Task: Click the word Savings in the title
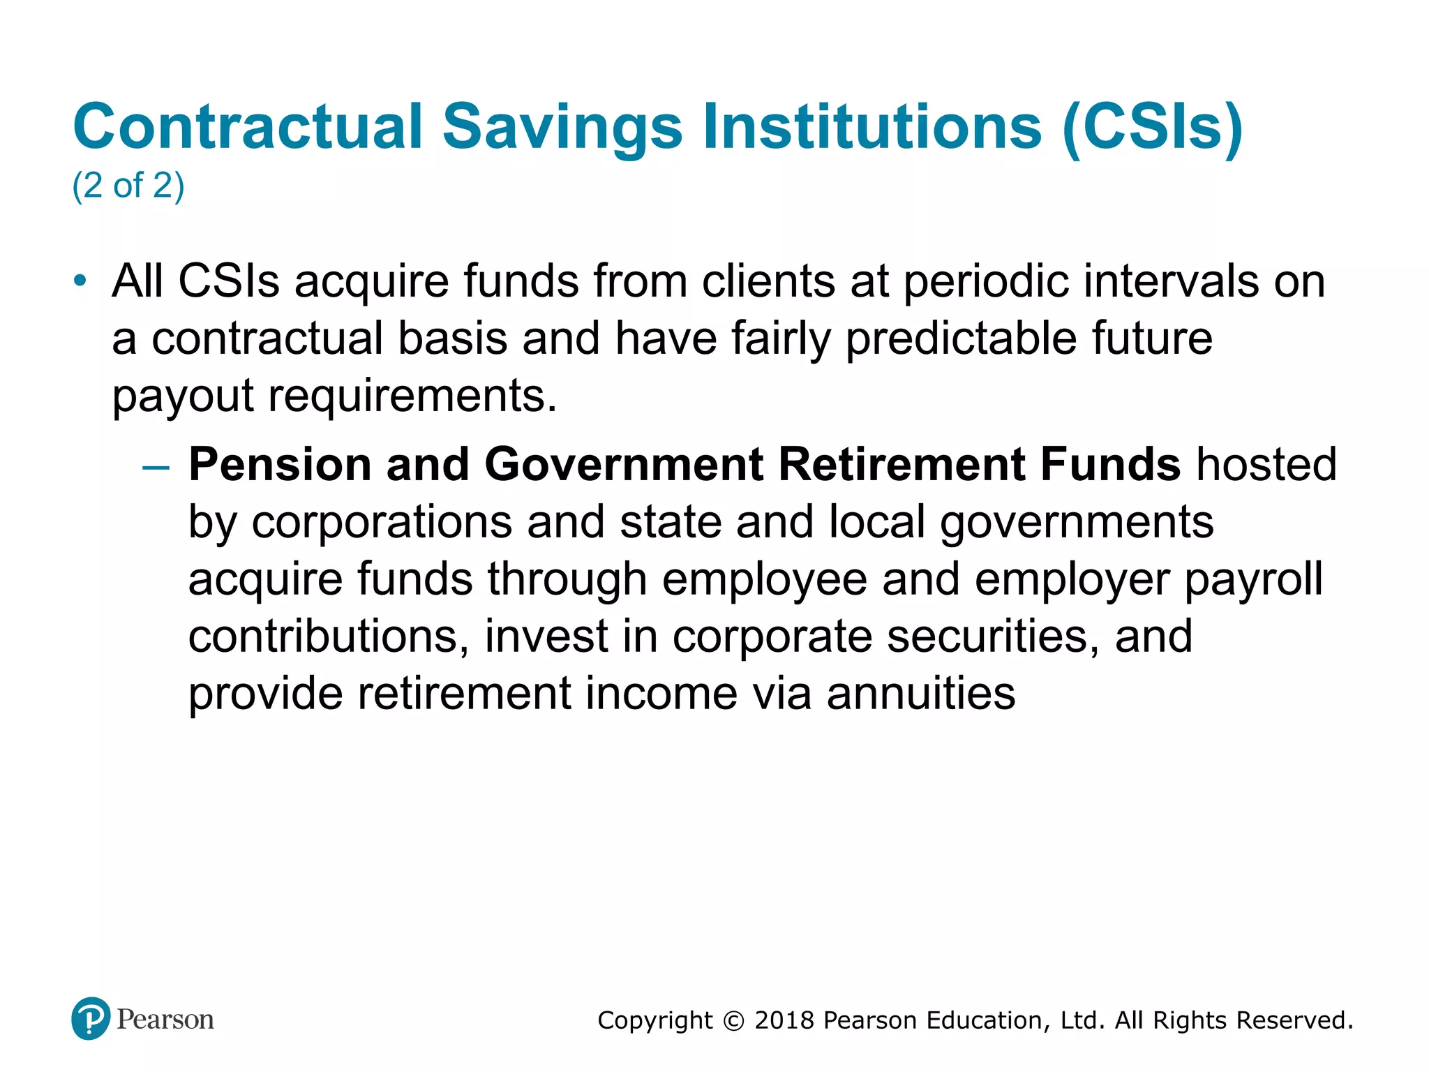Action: (x=562, y=128)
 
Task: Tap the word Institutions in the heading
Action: (x=872, y=126)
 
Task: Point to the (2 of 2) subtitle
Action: (x=128, y=186)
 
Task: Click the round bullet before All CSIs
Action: (x=80, y=281)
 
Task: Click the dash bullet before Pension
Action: (x=155, y=466)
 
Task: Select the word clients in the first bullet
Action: (x=768, y=281)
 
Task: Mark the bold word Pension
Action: (x=279, y=465)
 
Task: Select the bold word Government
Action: (x=624, y=465)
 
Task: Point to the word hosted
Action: (x=1266, y=465)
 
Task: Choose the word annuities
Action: (x=921, y=694)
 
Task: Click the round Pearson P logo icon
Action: (x=91, y=1019)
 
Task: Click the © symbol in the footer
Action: (x=733, y=1021)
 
